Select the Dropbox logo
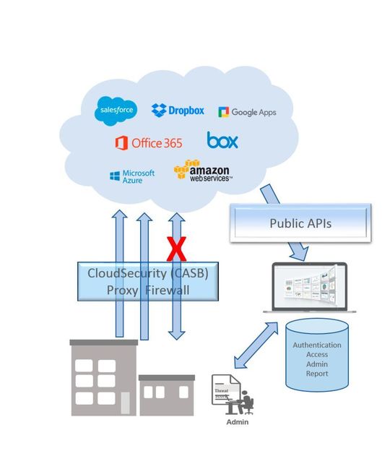(178, 111)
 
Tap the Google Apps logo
(247, 112)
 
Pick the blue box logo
(222, 140)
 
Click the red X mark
(175, 249)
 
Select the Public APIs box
(300, 223)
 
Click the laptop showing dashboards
(313, 288)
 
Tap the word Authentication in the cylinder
(317, 345)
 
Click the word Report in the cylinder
(317, 374)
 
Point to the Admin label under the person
(238, 421)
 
